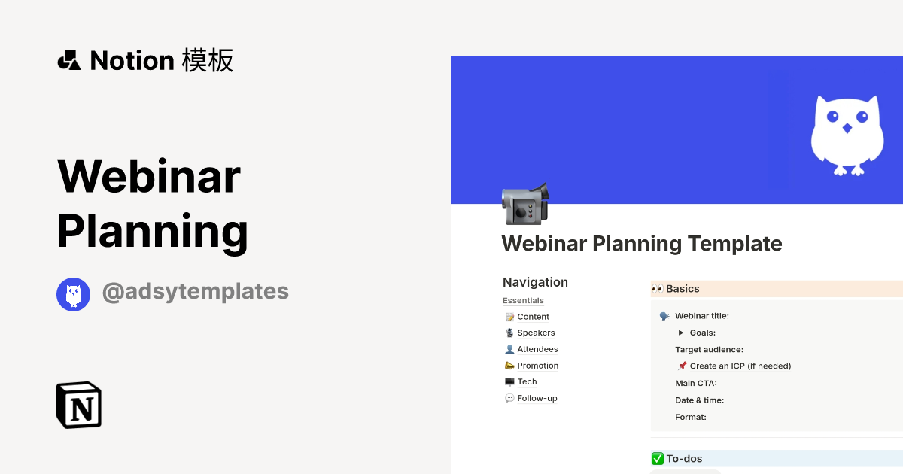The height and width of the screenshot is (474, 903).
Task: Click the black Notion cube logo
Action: (x=79, y=405)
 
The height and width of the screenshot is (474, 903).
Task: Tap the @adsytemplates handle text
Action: (x=195, y=291)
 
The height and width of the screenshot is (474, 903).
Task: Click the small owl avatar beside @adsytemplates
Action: (x=74, y=294)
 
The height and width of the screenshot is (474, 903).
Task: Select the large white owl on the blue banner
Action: (x=847, y=134)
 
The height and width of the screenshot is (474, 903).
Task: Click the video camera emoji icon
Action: (x=525, y=203)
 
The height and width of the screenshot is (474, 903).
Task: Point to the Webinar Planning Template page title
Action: (x=642, y=244)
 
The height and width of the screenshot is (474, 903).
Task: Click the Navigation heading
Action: (x=535, y=282)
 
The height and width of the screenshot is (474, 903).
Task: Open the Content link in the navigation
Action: (x=533, y=317)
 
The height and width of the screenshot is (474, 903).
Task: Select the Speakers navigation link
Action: (x=536, y=333)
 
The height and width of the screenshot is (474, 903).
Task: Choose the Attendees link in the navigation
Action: (x=537, y=349)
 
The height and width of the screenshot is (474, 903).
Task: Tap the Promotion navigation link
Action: (x=537, y=366)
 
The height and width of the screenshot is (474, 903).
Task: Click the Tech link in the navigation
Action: (x=527, y=381)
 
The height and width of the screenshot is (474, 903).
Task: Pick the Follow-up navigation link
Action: (x=537, y=398)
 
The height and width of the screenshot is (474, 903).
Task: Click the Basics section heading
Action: (x=683, y=289)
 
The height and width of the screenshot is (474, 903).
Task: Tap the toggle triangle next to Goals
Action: (x=681, y=333)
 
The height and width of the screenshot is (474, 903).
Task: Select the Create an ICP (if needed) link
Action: (x=740, y=366)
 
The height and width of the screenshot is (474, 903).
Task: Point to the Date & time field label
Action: (x=699, y=400)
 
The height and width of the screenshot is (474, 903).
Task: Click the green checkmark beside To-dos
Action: (x=658, y=458)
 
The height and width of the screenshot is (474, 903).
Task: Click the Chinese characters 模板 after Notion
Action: (x=208, y=60)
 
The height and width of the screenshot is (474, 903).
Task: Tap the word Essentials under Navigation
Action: (x=523, y=301)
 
